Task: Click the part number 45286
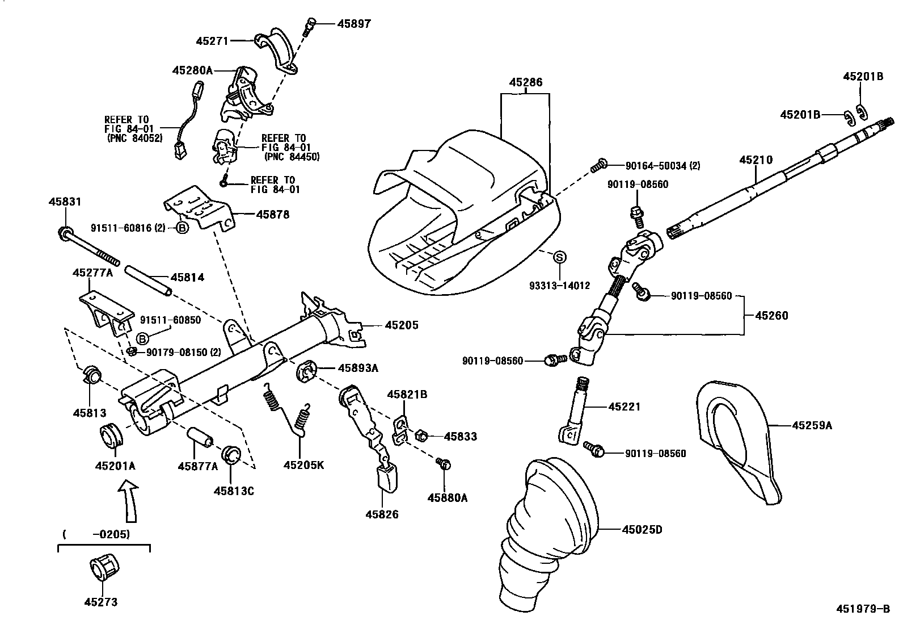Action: point(525,83)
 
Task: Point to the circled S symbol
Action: point(559,257)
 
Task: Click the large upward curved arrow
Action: point(130,499)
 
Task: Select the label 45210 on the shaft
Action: point(756,161)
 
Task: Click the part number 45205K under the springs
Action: point(303,465)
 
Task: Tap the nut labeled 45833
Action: point(421,436)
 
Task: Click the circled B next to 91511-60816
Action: point(182,228)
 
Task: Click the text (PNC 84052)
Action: point(134,138)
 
